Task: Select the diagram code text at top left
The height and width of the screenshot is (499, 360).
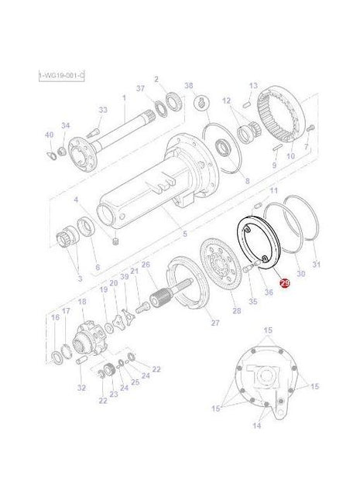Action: tap(61, 74)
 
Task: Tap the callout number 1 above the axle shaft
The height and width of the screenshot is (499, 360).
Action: tap(123, 98)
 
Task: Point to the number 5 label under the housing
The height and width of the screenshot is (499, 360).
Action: tap(183, 234)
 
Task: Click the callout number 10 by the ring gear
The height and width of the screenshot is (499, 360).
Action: tap(291, 156)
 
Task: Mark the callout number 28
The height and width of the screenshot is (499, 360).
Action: tap(236, 311)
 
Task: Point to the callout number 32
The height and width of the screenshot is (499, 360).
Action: tap(82, 387)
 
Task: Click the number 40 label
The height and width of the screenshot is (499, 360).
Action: tap(49, 135)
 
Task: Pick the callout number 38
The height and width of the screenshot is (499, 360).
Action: tap(188, 85)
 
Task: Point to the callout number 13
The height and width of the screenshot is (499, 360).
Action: tap(252, 86)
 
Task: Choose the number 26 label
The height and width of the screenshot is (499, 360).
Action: tap(145, 265)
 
